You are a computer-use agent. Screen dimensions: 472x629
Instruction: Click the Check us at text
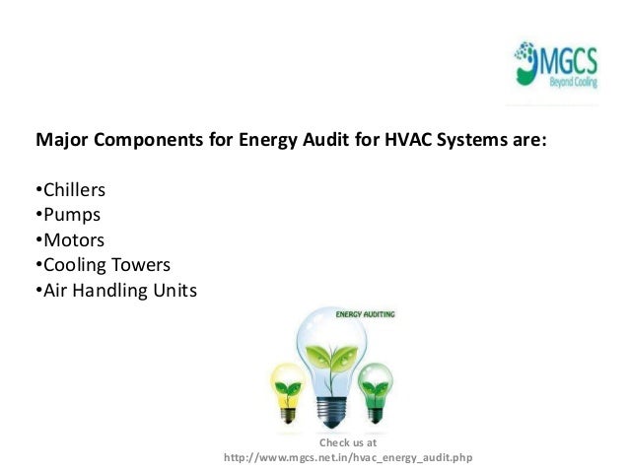point(349,443)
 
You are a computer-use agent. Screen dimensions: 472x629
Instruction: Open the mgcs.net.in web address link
point(349,458)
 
